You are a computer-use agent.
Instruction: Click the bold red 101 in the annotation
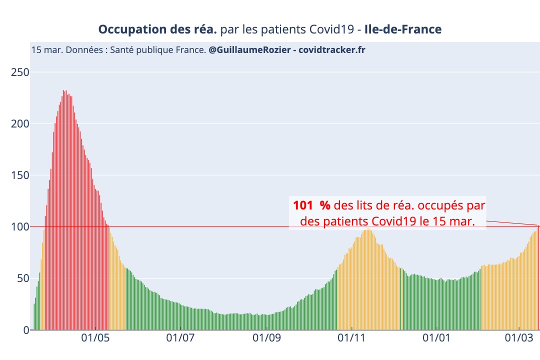(303, 205)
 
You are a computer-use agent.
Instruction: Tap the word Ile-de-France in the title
(403, 29)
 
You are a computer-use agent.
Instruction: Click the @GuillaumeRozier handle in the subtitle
(249, 50)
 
